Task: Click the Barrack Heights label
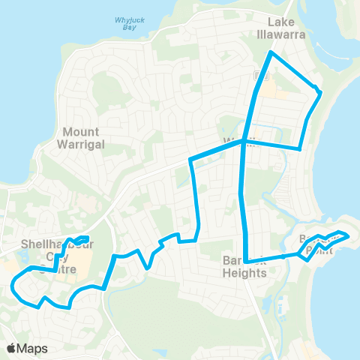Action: pyautogui.click(x=244, y=266)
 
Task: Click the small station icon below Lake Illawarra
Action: pyautogui.click(x=259, y=75)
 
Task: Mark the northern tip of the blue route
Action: pyautogui.click(x=271, y=53)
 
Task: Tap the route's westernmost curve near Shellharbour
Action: pyautogui.click(x=14, y=283)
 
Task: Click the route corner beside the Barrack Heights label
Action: pyautogui.click(x=246, y=261)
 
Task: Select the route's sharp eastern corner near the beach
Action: pyautogui.click(x=320, y=93)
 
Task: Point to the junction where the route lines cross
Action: pyautogui.click(x=243, y=144)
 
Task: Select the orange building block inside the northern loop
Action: pyautogui.click(x=274, y=90)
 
